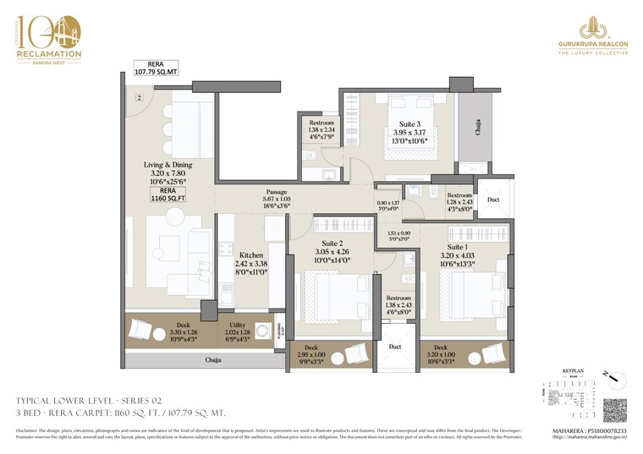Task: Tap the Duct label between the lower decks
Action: pos(394,346)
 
